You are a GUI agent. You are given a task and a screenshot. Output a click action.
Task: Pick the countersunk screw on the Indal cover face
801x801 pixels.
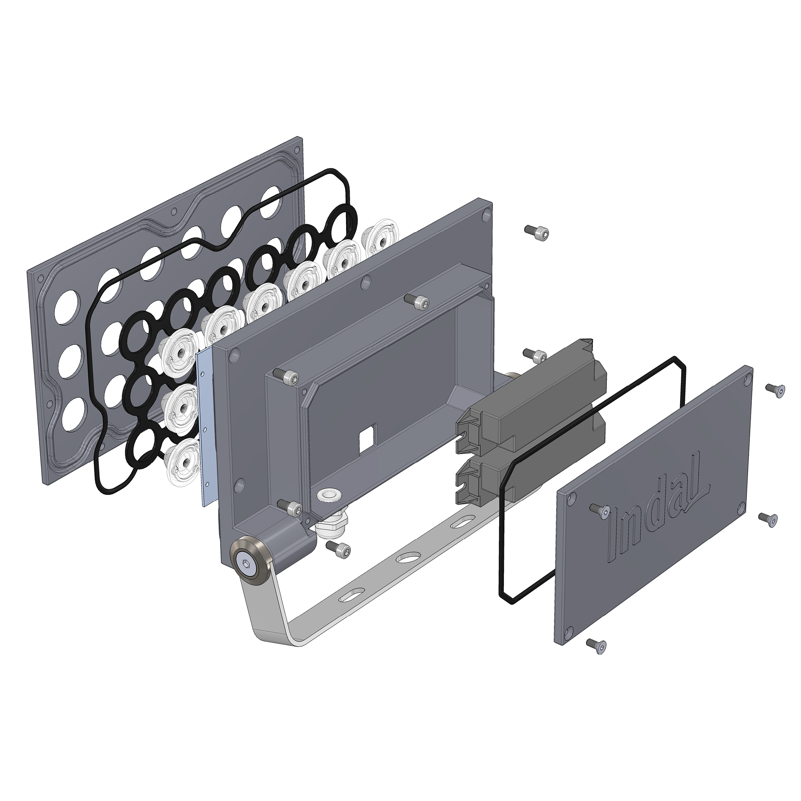(599, 511)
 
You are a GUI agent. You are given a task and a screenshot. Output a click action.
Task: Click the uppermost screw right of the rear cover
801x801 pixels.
(774, 390)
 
